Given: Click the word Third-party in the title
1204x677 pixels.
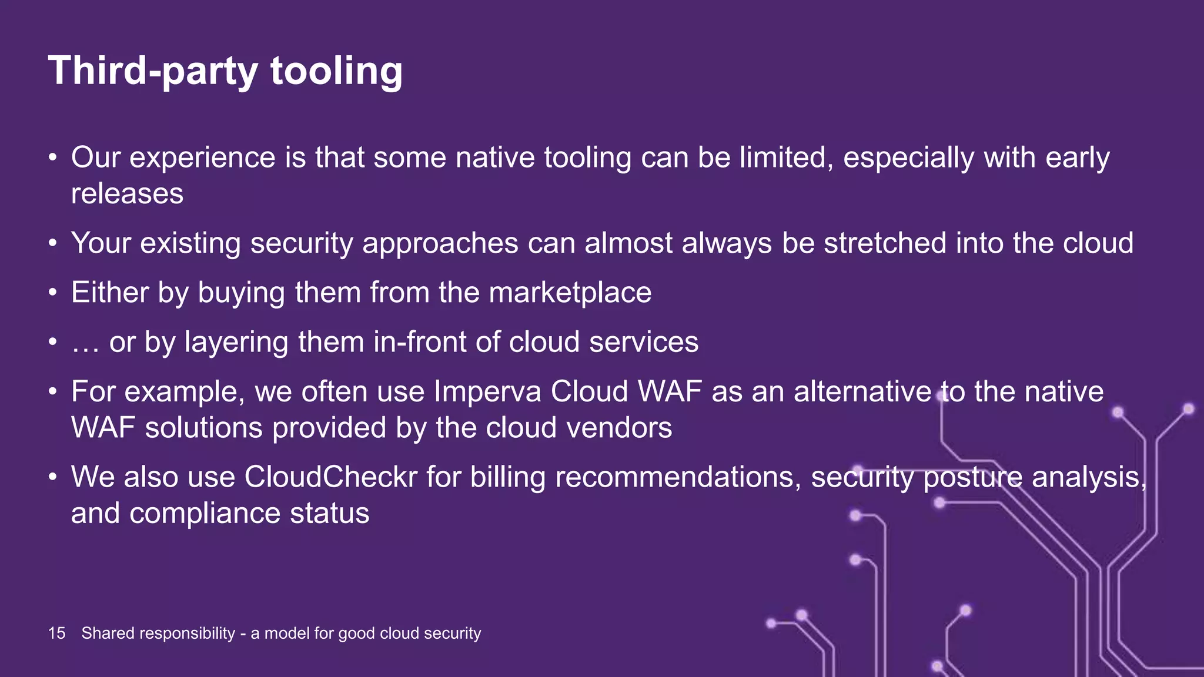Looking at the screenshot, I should [153, 71].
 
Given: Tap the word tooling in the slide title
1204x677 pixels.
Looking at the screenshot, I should [336, 71].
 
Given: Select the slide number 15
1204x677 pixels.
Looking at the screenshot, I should [56, 633].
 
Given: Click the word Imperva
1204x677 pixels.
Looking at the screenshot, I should [487, 391].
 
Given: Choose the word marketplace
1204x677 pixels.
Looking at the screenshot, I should [570, 292].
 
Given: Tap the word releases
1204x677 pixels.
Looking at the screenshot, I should [127, 193].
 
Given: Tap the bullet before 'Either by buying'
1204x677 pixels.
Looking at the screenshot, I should [53, 292].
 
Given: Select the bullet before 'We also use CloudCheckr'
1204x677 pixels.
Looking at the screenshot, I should [53, 477].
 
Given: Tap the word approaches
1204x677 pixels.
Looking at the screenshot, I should [440, 244].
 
